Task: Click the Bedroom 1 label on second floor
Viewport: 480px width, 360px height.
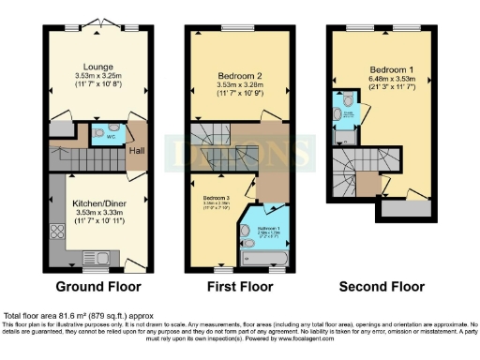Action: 386,70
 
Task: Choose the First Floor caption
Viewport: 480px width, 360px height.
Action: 237,286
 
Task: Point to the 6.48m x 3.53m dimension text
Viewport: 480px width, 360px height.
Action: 386,81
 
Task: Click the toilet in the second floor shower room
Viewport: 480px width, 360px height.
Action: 348,100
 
